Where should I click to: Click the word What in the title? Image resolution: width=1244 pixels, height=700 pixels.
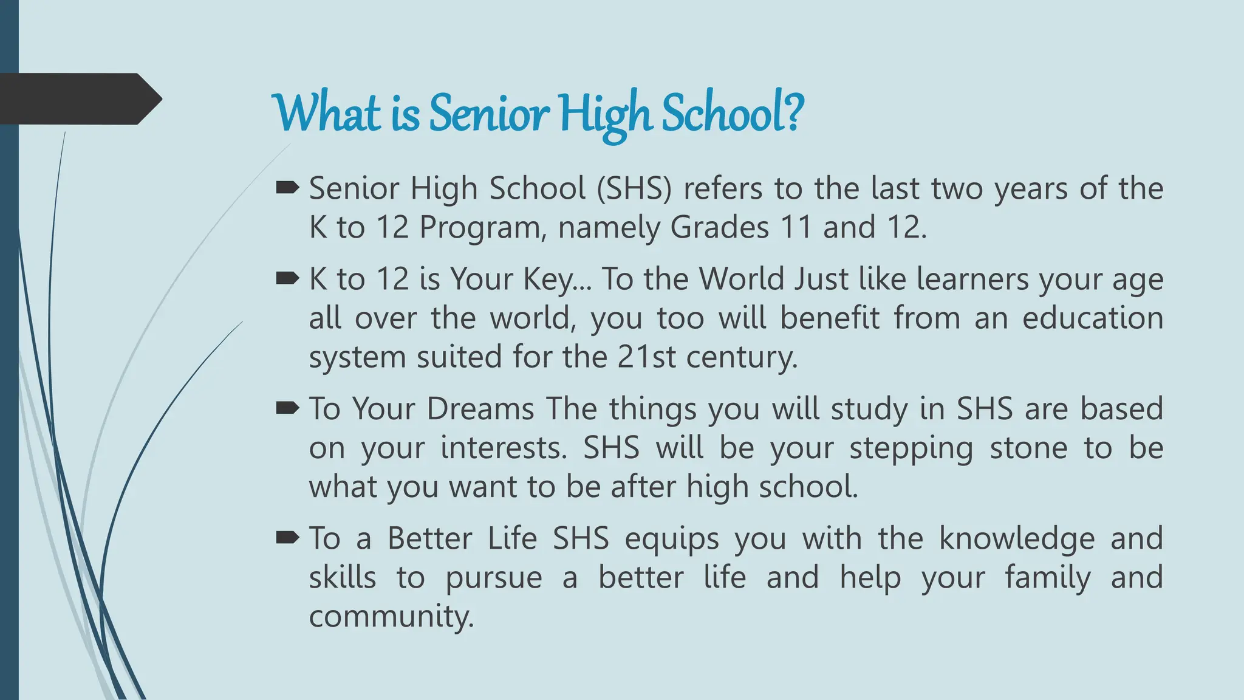[327, 114]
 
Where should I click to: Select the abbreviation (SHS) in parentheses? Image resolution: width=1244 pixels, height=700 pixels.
[634, 188]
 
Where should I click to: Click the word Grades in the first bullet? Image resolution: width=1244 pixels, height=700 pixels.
[719, 228]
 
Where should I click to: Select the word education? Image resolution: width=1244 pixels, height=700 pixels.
[1092, 318]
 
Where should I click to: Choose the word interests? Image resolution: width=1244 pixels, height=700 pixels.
[503, 448]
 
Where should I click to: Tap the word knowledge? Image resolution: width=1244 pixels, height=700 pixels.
[1017, 539]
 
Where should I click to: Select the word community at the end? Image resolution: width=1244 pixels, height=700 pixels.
[391, 616]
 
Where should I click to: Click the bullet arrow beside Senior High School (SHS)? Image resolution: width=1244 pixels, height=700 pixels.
[287, 188]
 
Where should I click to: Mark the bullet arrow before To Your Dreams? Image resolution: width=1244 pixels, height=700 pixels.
[287, 408]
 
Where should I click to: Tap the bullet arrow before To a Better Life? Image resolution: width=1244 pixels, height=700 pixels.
[287, 537]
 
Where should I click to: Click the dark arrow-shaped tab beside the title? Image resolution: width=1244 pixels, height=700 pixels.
[79, 98]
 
